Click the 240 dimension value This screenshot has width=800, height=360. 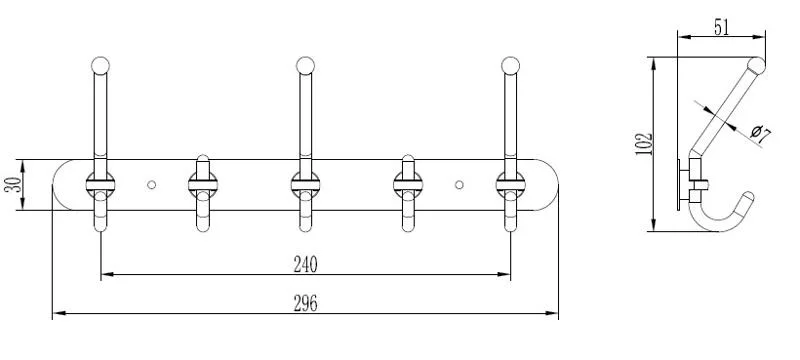coord(305,264)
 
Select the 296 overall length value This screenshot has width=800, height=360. coord(305,303)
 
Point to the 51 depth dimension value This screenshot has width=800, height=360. coord(721,28)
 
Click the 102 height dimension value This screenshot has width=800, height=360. coord(645,144)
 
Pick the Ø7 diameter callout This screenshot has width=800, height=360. coord(761,134)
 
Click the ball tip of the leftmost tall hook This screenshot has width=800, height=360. coord(101,66)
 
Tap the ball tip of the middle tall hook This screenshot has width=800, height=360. coord(305,66)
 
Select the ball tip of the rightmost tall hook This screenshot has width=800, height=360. coord(510,66)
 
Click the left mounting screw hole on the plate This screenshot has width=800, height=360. coord(152,185)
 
